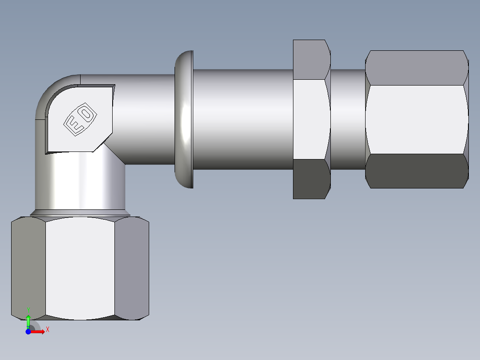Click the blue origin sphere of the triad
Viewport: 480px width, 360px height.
(28, 331)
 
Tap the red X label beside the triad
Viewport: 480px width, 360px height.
(47, 330)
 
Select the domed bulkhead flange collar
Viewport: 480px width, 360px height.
(184, 119)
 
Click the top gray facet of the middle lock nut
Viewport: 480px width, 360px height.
(311, 60)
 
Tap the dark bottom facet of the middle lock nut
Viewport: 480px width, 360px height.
(311, 179)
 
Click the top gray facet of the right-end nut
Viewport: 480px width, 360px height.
(416, 67)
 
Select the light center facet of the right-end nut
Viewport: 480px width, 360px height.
(416, 119)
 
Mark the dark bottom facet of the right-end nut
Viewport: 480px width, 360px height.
(416, 171)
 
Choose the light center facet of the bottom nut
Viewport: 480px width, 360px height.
(80, 267)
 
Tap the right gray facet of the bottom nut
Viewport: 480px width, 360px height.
(132, 267)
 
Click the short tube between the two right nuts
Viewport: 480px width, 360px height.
(347, 119)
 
